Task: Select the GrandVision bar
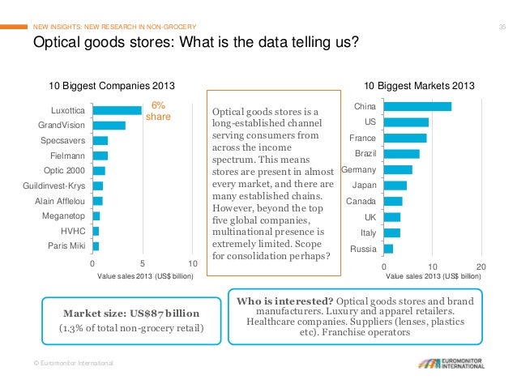point(109,126)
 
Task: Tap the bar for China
point(417,107)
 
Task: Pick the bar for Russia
point(388,249)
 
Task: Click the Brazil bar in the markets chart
point(401,154)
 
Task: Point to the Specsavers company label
point(62,140)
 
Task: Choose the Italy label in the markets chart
point(367,232)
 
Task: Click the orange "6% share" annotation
point(157,111)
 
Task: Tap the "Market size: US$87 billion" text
point(131,313)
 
